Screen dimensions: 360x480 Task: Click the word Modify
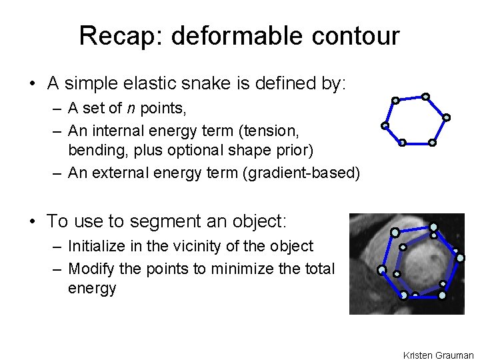coord(90,268)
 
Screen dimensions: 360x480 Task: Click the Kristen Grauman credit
coord(438,355)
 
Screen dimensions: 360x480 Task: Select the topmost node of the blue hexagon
coord(425,96)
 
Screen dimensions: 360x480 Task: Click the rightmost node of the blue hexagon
coord(447,117)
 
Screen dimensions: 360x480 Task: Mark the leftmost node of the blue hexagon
coord(385,125)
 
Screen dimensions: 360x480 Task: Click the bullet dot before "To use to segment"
coord(32,221)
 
